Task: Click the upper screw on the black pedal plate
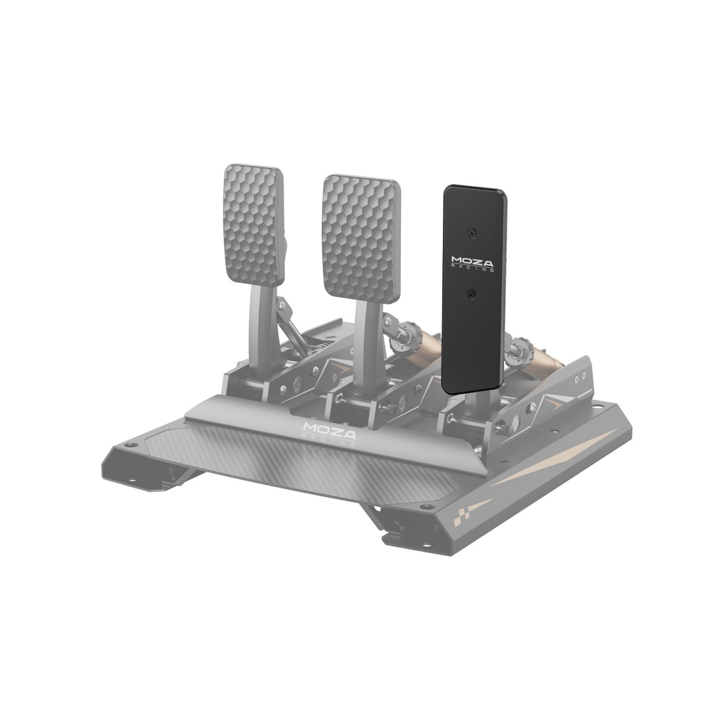(472, 232)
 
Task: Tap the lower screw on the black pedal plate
(472, 294)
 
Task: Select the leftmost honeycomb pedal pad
(254, 225)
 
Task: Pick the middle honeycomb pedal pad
(361, 239)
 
